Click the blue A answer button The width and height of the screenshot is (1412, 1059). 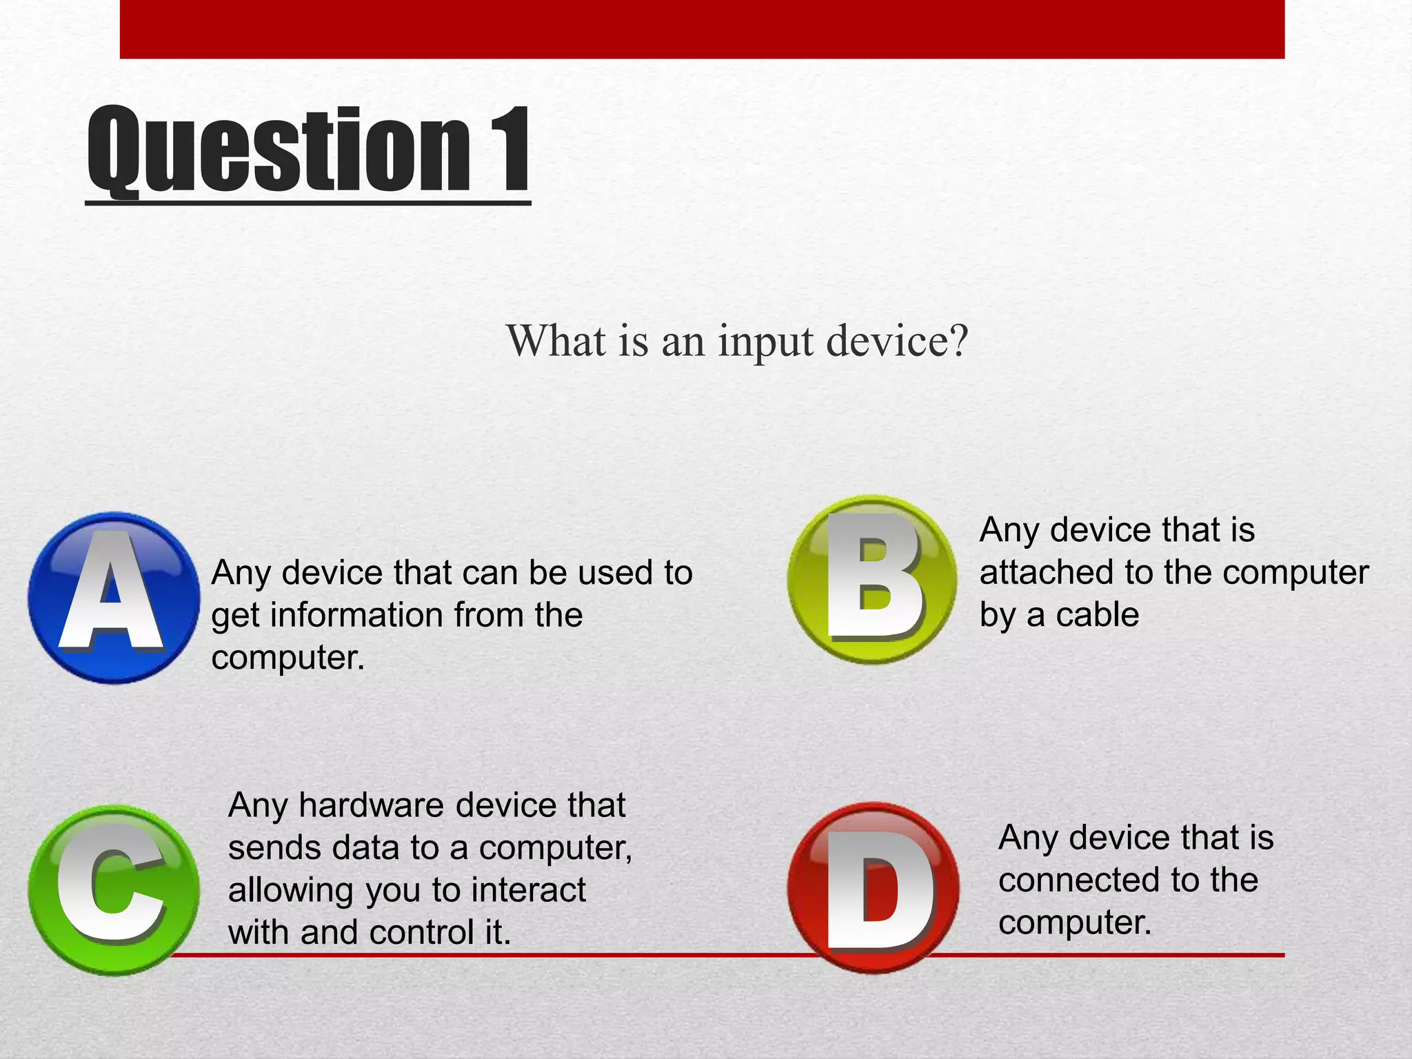[x=114, y=597]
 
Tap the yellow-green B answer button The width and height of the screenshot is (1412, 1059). [x=872, y=579]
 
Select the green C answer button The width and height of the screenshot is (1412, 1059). [x=114, y=889]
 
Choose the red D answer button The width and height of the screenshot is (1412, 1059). [x=874, y=888]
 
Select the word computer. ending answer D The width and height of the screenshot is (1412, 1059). [x=1075, y=923]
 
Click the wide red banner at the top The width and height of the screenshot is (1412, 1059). [x=702, y=29]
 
